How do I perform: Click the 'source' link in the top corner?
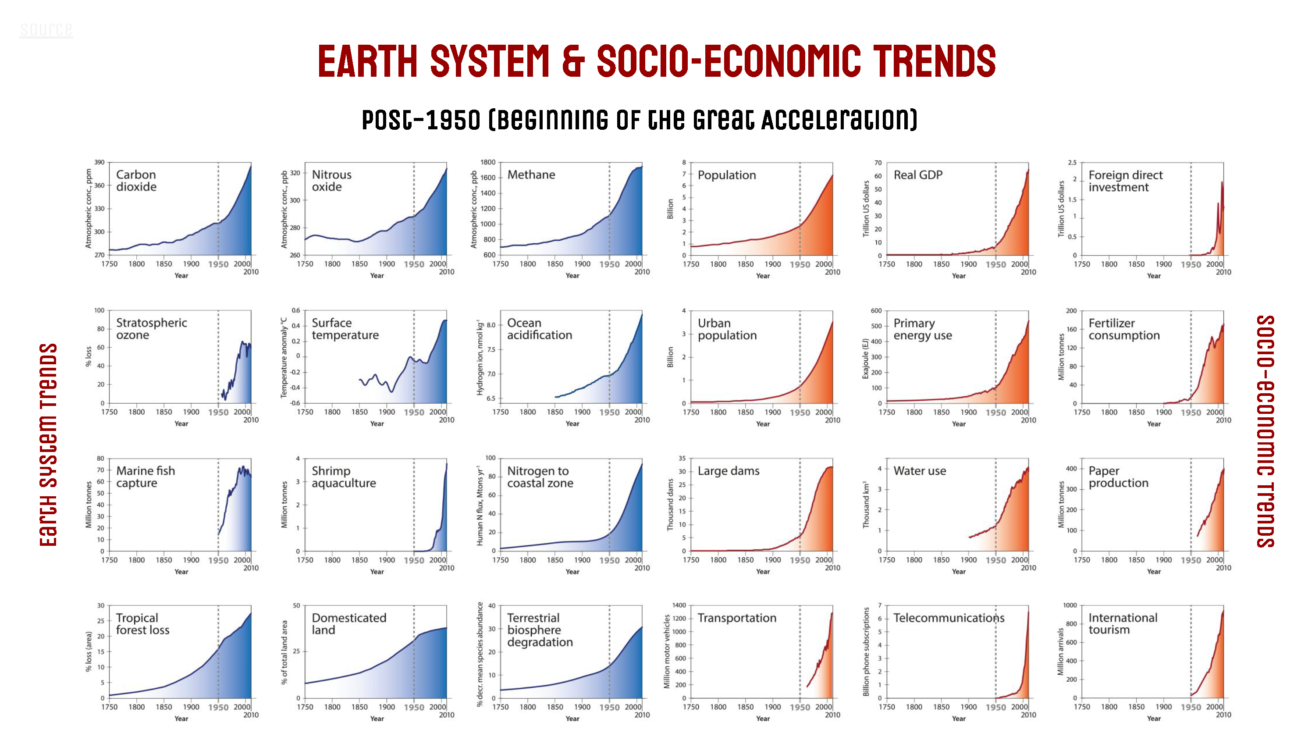click(46, 30)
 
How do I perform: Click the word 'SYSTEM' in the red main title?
click(490, 61)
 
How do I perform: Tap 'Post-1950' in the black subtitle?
click(421, 120)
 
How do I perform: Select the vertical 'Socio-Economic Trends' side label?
click(1265, 431)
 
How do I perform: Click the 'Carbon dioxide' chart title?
click(136, 181)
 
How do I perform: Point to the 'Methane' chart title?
click(531, 174)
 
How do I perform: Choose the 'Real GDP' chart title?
click(918, 174)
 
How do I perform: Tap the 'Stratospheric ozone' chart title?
click(152, 329)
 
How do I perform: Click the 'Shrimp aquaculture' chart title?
click(344, 477)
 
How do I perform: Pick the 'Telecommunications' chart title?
click(949, 618)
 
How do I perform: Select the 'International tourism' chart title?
click(1123, 623)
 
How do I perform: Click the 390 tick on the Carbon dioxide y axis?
click(99, 162)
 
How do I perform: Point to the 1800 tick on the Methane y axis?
click(487, 162)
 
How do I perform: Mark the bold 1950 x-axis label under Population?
click(800, 264)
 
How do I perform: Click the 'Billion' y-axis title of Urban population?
click(670, 357)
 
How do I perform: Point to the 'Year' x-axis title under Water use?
click(959, 572)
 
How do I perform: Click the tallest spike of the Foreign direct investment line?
click(1222, 182)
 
